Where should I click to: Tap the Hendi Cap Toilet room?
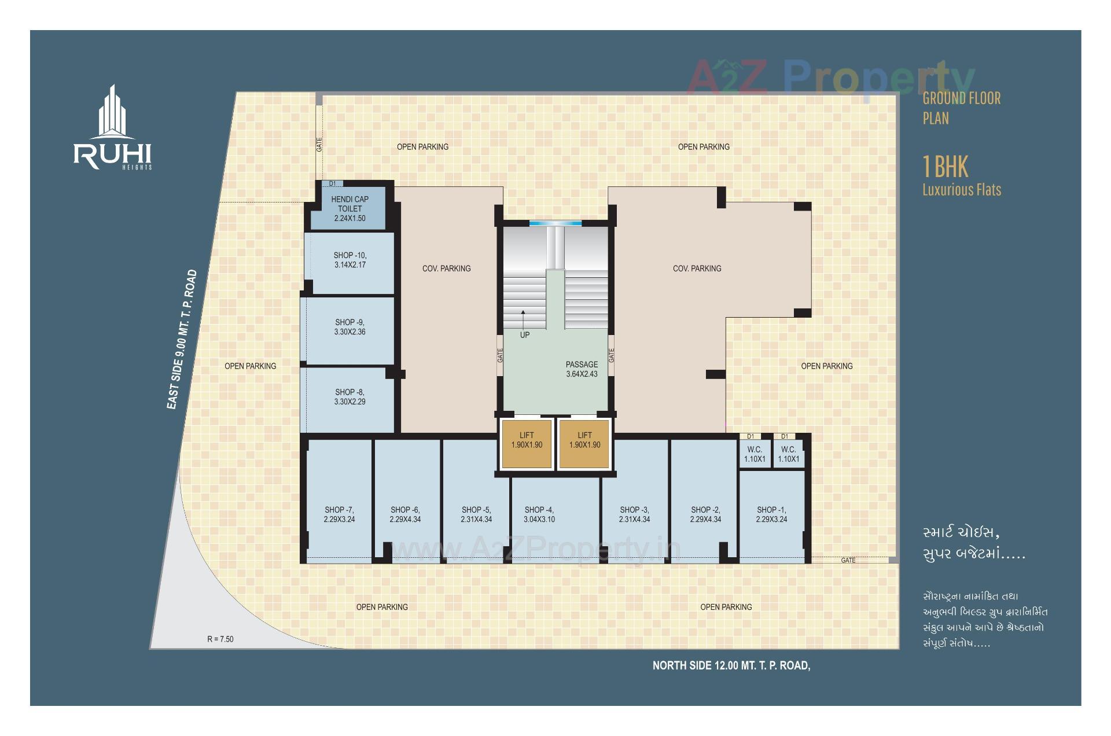[x=350, y=208]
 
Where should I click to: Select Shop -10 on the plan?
[x=350, y=260]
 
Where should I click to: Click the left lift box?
[x=527, y=444]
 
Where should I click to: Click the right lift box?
[x=584, y=444]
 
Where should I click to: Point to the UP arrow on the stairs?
[x=523, y=318]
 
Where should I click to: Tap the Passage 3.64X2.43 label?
[x=582, y=369]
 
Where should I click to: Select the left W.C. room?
[x=755, y=454]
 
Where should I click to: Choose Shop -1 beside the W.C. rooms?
[x=771, y=514]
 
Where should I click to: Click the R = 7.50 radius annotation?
[x=220, y=639]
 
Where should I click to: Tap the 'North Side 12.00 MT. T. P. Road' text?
[x=731, y=665]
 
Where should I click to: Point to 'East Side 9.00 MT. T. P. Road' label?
[x=182, y=340]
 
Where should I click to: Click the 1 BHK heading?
[x=945, y=167]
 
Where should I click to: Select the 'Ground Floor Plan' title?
[x=961, y=108]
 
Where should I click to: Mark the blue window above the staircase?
[x=555, y=223]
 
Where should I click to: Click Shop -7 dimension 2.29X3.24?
[x=339, y=520]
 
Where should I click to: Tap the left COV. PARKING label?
[x=446, y=268]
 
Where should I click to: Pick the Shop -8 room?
[x=350, y=397]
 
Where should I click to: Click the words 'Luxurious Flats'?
[x=961, y=190]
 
